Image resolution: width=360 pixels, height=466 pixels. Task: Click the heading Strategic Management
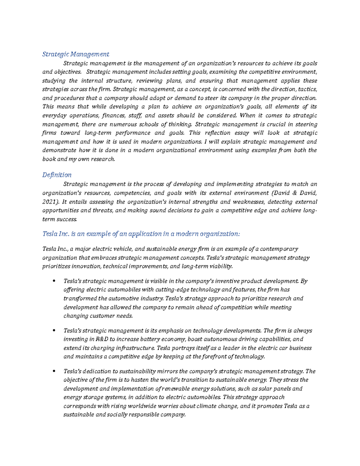pyautogui.click(x=76, y=54)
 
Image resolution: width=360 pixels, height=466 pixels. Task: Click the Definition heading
pyautogui.click(x=57, y=175)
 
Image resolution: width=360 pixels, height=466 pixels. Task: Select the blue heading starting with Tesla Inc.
pyautogui.click(x=141, y=234)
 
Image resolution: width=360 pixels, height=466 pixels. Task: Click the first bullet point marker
pyautogui.click(x=54, y=281)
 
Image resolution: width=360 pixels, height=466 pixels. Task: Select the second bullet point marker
pyautogui.click(x=54, y=331)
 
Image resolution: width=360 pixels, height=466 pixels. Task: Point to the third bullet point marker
pyautogui.click(x=54, y=371)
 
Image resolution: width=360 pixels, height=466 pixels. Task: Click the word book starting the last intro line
pyautogui.click(x=49, y=159)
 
